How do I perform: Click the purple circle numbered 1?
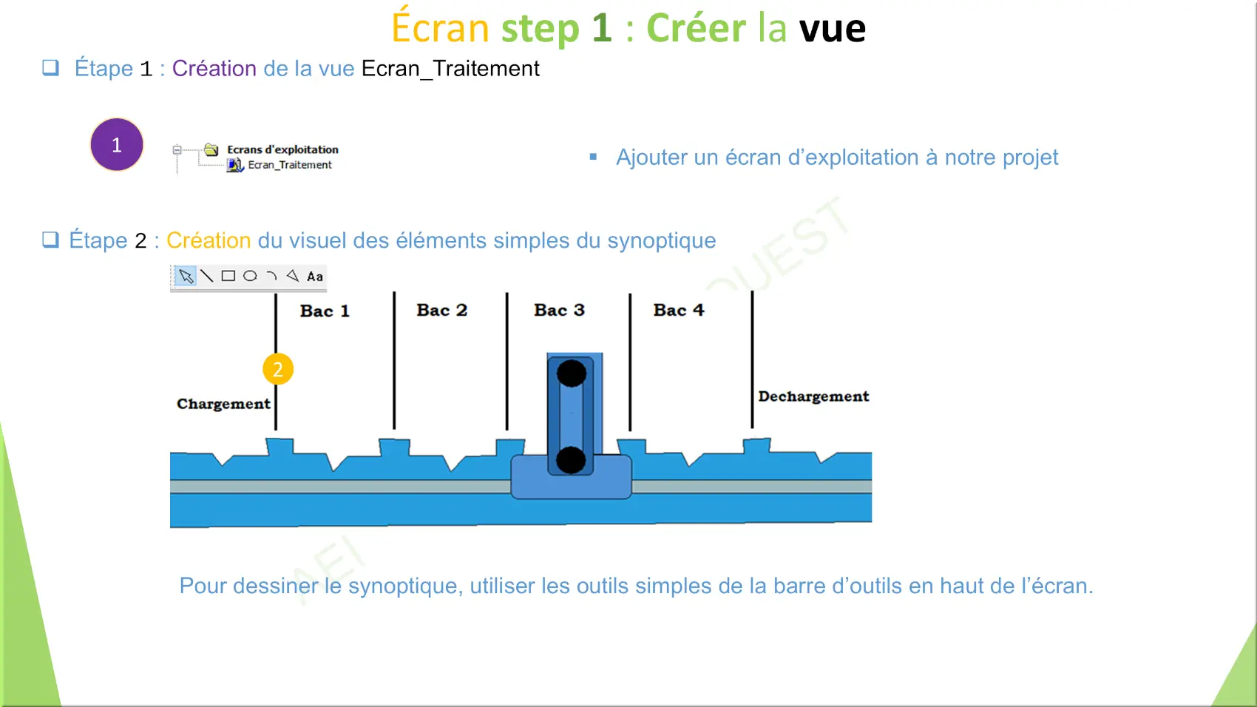[117, 145]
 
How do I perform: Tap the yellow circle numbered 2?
[278, 369]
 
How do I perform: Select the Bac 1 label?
[325, 311]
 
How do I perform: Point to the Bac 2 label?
[442, 310]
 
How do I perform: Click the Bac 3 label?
[560, 310]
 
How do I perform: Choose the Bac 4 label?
[679, 310]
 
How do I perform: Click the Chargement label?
[223, 404]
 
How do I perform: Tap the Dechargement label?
[813, 396]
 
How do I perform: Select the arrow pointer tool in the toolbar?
[186, 276]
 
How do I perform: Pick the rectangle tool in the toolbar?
[228, 276]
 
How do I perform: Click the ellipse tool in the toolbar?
[250, 276]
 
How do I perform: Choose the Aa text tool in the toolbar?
[315, 277]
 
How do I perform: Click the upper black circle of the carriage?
[572, 373]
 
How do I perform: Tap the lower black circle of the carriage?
[571, 460]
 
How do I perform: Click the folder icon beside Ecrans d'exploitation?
[211, 149]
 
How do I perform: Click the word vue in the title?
[832, 28]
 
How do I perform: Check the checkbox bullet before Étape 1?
[50, 68]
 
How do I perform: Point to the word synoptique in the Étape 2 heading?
[662, 240]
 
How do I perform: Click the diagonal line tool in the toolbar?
[207, 276]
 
